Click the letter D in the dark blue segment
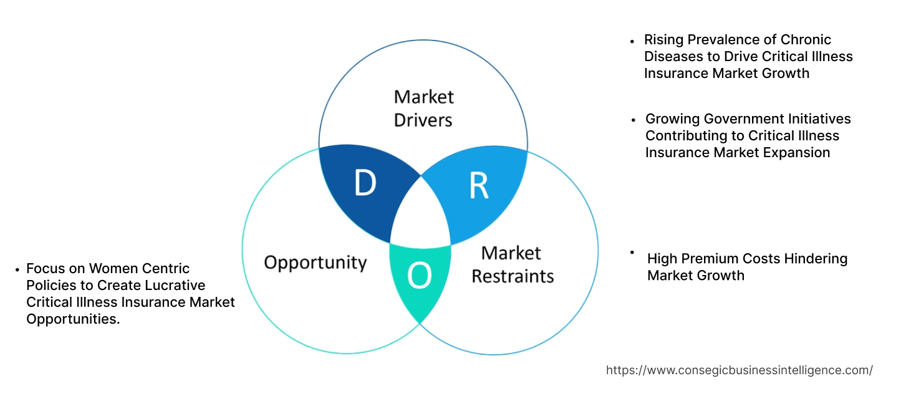365,183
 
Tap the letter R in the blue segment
478,186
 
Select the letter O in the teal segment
419,276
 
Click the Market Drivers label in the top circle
423,108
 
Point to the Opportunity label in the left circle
315,262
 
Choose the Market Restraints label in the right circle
512,264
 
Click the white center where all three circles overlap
420,215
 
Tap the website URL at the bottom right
739,370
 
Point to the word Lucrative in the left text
174,286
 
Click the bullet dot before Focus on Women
17,269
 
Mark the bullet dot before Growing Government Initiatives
634,119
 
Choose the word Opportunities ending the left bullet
72,319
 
